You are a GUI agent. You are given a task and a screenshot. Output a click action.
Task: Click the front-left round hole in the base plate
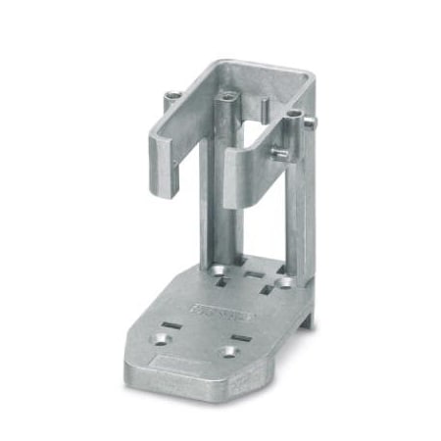click(159, 340)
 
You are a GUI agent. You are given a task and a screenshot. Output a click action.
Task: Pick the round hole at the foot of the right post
click(286, 282)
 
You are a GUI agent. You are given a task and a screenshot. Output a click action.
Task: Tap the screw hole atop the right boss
click(293, 119)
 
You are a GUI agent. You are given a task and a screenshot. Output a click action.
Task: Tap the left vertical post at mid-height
click(224, 196)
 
